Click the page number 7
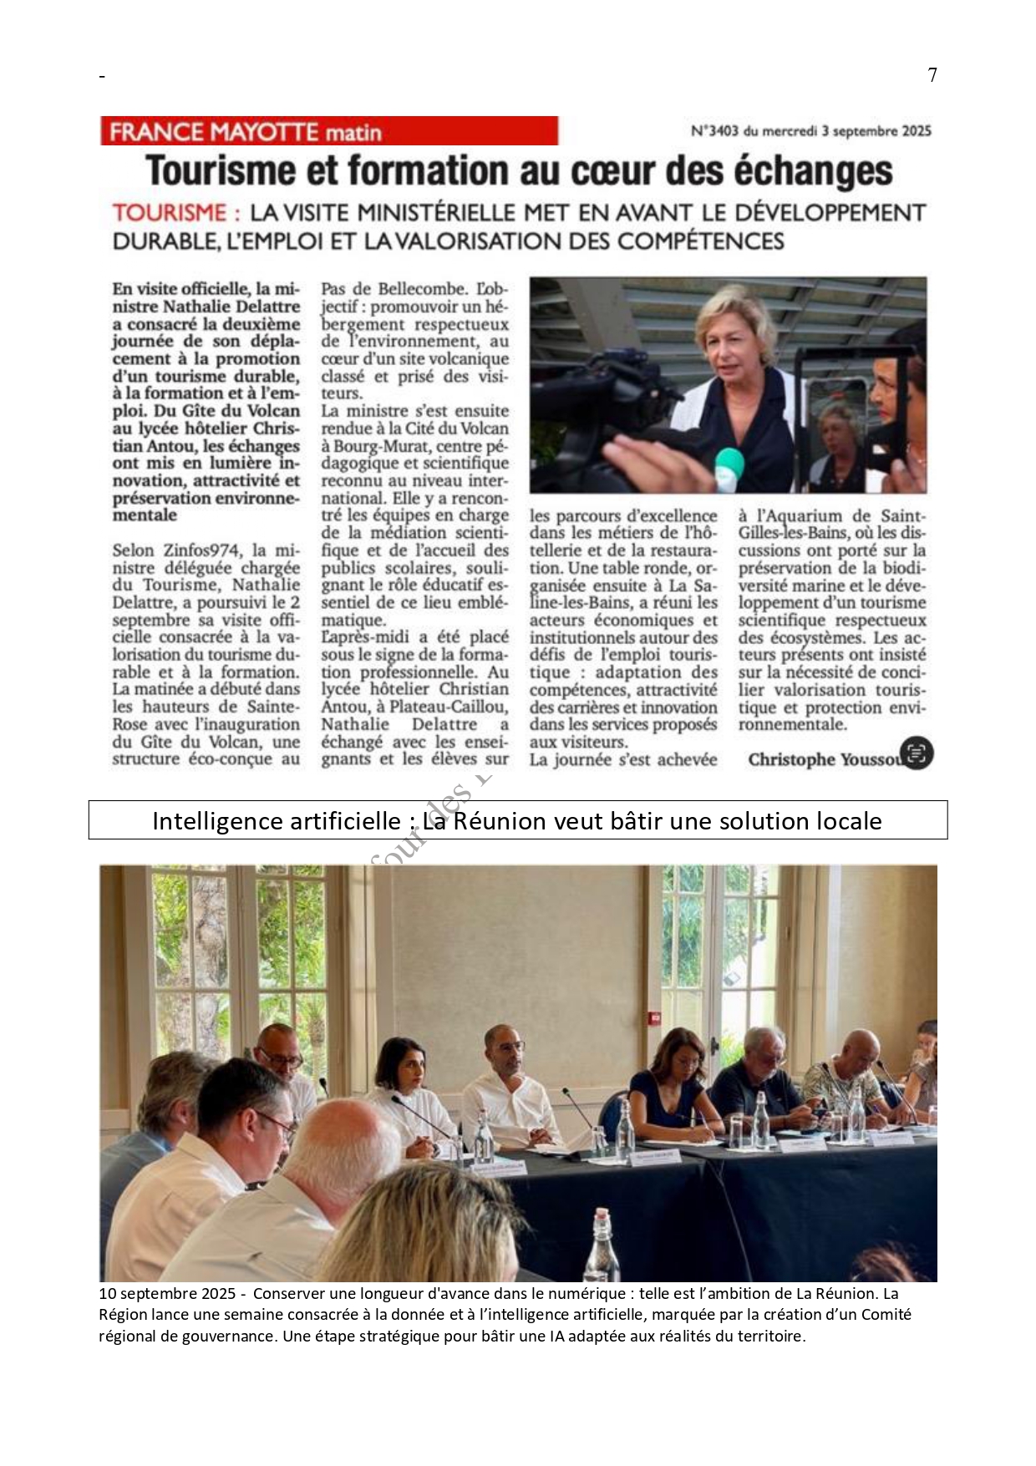932,75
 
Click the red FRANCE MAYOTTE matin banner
328,131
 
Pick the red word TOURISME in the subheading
170,213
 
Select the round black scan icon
917,753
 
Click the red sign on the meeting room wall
654,1019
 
